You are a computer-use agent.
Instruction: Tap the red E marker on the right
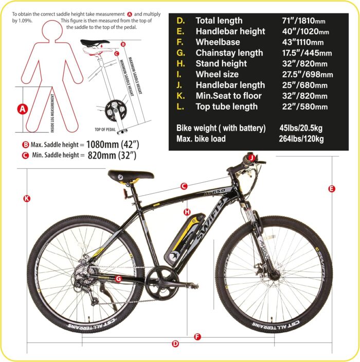click(332, 189)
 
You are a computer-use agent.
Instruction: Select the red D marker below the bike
click(175, 343)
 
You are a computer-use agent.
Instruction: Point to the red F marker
click(197, 337)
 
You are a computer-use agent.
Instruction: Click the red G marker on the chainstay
click(118, 279)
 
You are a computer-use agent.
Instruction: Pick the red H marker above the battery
click(187, 212)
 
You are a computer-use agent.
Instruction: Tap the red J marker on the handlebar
click(251, 157)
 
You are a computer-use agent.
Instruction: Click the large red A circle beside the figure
click(22, 109)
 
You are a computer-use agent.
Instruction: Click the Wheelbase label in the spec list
click(213, 42)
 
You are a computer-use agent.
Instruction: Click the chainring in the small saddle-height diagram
click(113, 109)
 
